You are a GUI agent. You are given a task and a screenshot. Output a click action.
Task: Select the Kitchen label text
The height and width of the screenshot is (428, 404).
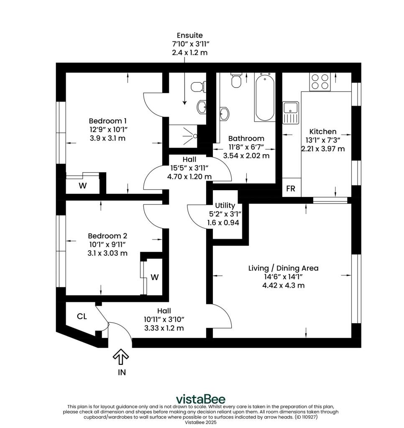(x=322, y=131)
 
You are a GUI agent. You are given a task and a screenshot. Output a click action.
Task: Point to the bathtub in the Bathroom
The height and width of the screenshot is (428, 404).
(x=265, y=97)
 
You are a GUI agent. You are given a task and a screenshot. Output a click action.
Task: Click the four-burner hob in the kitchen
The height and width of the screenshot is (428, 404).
(x=320, y=82)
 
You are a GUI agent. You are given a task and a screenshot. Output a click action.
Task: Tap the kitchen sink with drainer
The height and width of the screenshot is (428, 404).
(x=290, y=112)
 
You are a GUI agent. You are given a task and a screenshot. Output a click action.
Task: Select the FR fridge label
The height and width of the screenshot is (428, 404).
(x=290, y=189)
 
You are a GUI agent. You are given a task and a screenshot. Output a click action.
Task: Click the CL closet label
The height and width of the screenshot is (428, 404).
(x=82, y=316)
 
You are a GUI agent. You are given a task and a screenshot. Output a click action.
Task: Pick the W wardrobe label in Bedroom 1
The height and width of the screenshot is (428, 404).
(x=82, y=186)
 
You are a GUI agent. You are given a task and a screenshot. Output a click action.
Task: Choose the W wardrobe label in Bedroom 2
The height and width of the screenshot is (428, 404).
(x=154, y=277)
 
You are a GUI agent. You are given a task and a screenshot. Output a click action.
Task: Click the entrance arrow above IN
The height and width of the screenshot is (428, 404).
(x=121, y=357)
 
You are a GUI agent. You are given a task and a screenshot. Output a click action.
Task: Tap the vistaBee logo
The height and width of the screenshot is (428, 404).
(x=201, y=399)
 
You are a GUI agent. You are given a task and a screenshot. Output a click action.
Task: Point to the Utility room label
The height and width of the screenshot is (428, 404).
(x=225, y=206)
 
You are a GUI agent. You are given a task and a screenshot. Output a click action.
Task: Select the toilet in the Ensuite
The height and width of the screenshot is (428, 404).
(x=197, y=87)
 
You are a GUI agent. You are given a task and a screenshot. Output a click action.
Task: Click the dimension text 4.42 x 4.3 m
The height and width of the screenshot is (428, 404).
(x=283, y=286)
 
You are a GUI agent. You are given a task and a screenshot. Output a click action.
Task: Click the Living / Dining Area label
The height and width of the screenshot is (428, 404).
(x=283, y=268)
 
